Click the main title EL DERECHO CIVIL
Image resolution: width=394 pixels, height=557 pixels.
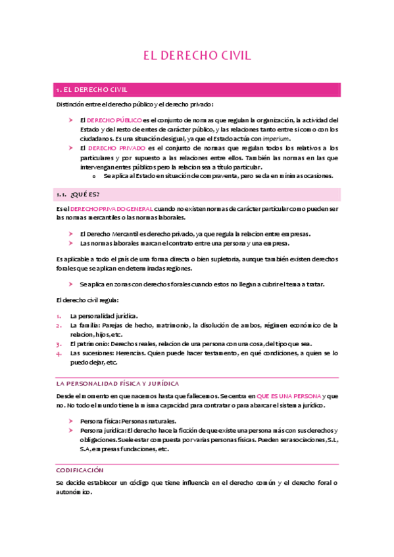197,55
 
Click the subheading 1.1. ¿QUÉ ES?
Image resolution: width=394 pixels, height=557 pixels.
78,194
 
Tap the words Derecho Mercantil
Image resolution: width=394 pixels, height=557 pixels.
107,234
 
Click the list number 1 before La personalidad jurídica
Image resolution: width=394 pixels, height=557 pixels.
59,315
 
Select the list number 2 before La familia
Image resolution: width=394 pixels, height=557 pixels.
59,324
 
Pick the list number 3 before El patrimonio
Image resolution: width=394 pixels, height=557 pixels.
59,344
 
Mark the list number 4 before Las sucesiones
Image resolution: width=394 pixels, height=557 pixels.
59,353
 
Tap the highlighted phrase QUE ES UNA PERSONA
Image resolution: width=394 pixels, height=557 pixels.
289,396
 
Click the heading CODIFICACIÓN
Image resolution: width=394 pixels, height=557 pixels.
80,470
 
